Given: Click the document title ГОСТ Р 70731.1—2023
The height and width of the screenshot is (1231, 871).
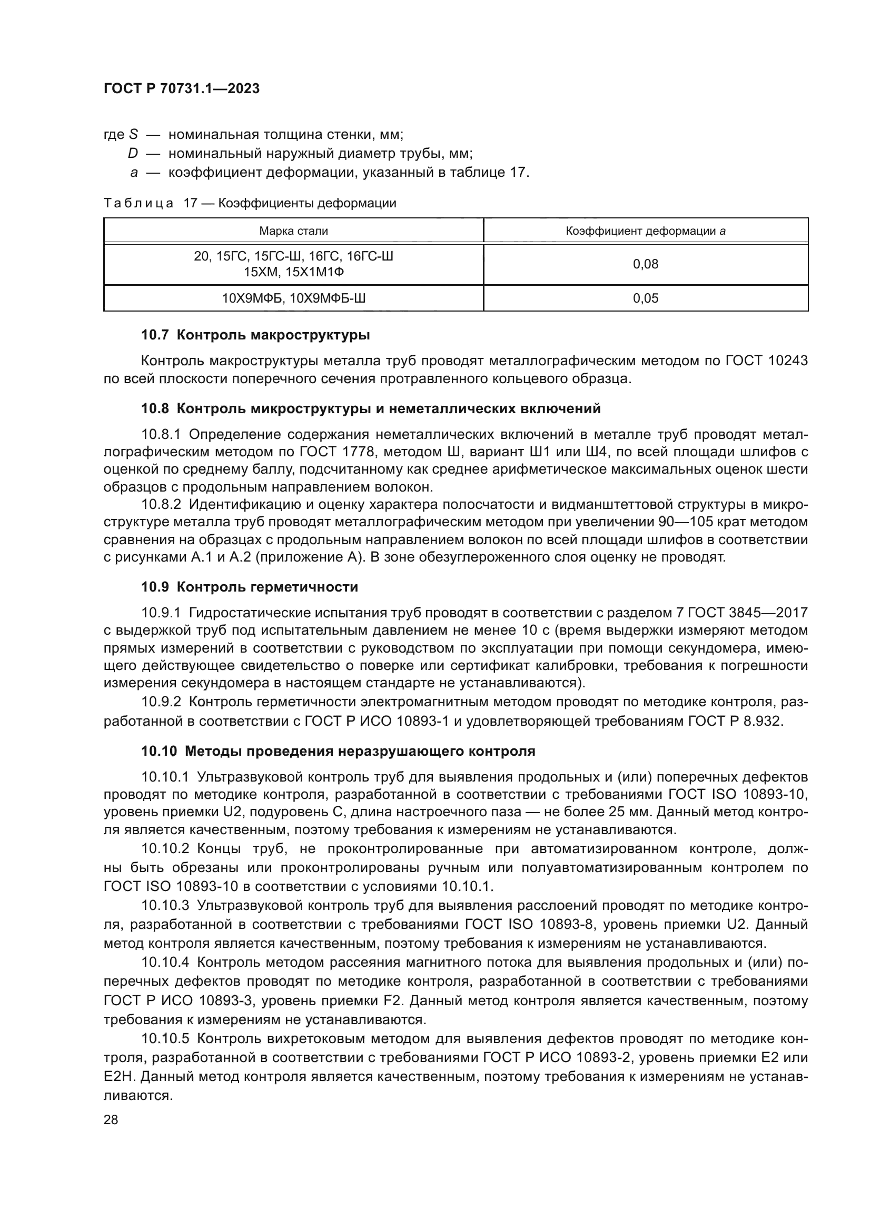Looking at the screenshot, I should [x=181, y=88].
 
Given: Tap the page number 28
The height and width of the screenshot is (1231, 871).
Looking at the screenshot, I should [x=111, y=1119].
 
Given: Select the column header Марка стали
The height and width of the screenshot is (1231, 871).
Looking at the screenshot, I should [x=293, y=231].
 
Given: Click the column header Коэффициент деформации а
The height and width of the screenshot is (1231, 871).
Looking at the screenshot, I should [x=645, y=231].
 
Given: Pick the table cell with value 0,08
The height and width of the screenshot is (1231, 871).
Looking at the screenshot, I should [x=645, y=264].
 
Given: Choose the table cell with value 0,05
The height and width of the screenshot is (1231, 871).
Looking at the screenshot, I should [x=645, y=298].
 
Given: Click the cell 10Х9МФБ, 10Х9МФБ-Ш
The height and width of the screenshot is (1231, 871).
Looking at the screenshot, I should [x=293, y=298].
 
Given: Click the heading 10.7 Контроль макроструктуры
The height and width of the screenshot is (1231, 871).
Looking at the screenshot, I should [x=255, y=335].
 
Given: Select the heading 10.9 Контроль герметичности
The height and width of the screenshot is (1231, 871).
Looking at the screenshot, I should [x=250, y=587].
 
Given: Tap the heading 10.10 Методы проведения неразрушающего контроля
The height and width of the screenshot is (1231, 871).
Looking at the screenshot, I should [x=338, y=751].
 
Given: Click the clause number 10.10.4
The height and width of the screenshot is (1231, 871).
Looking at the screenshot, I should [x=165, y=962].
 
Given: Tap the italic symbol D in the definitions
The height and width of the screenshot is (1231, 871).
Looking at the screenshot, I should [x=133, y=153].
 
